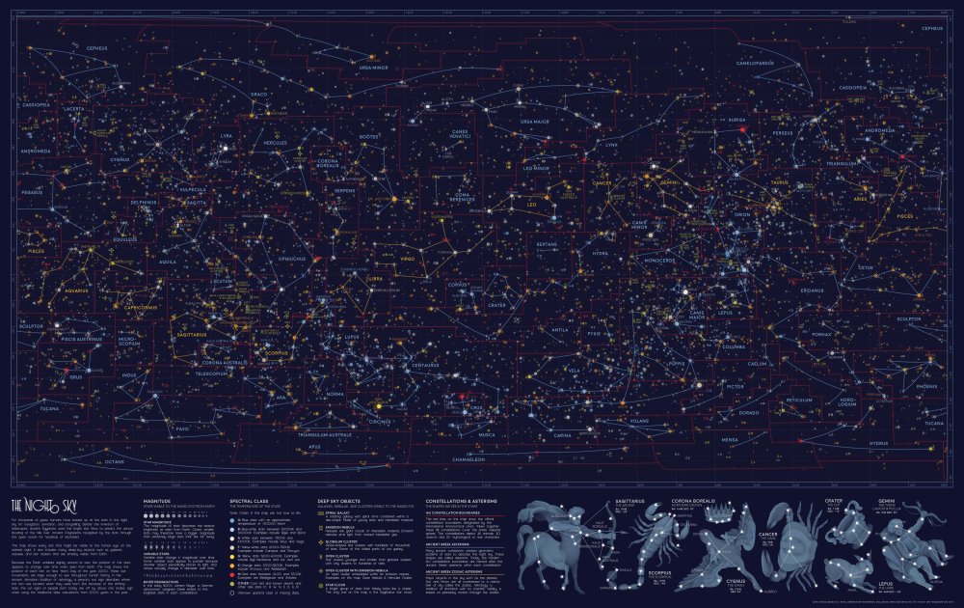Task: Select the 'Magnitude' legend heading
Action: tap(157, 502)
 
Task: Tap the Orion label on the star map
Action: tap(742, 214)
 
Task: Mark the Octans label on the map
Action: tap(114, 462)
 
